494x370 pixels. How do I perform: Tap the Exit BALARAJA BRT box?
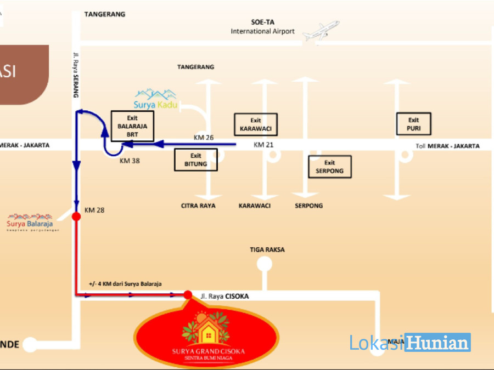click(x=133, y=126)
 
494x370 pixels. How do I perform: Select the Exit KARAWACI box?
click(x=256, y=125)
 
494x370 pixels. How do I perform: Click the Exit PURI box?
click(x=413, y=124)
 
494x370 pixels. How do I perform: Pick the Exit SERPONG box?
click(x=329, y=167)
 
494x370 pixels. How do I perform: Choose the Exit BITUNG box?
click(x=196, y=160)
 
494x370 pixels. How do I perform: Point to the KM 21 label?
click(x=263, y=145)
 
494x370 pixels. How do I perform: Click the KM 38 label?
click(x=130, y=161)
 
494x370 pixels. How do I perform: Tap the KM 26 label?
click(x=204, y=137)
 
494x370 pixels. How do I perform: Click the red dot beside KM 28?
click(x=76, y=217)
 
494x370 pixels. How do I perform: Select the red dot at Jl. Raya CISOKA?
click(x=188, y=295)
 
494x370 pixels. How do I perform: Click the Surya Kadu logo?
click(x=156, y=99)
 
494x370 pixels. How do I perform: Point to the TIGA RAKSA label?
click(x=267, y=249)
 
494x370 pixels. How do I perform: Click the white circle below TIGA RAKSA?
click(x=265, y=264)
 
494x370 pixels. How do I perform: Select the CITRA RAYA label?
click(x=198, y=206)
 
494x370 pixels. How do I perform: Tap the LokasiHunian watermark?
click(x=410, y=343)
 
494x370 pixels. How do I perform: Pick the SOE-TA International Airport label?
click(x=262, y=27)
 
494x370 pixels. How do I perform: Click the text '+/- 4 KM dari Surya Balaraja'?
click(x=125, y=284)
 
